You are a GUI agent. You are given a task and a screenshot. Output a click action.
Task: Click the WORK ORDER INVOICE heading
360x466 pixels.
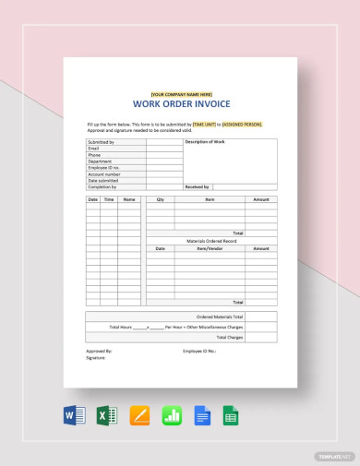coord(181,105)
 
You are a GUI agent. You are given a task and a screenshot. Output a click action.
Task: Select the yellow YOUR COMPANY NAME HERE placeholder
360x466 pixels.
coord(181,94)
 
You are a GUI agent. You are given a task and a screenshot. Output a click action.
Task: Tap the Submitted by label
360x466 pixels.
coord(101,142)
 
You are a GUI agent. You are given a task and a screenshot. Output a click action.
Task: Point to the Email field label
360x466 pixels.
coord(93,148)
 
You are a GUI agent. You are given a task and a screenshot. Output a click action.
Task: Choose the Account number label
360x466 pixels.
coord(103,173)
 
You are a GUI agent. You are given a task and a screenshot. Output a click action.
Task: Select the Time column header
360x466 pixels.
coord(109,199)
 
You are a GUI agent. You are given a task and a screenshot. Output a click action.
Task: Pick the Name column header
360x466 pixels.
coord(129,199)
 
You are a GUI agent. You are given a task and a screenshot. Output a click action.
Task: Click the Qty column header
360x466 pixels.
coord(160,199)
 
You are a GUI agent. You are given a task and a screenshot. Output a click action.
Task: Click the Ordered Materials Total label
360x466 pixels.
coord(220,317)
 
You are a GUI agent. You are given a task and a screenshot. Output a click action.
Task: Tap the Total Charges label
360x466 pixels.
coord(230,336)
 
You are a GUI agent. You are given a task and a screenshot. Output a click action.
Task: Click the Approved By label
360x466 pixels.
coord(100,352)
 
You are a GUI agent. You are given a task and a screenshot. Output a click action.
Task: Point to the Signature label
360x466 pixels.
coord(97,358)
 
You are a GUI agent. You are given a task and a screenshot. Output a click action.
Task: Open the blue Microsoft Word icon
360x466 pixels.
coord(75,415)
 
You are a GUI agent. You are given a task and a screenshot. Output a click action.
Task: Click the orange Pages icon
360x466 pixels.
coord(139,415)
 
